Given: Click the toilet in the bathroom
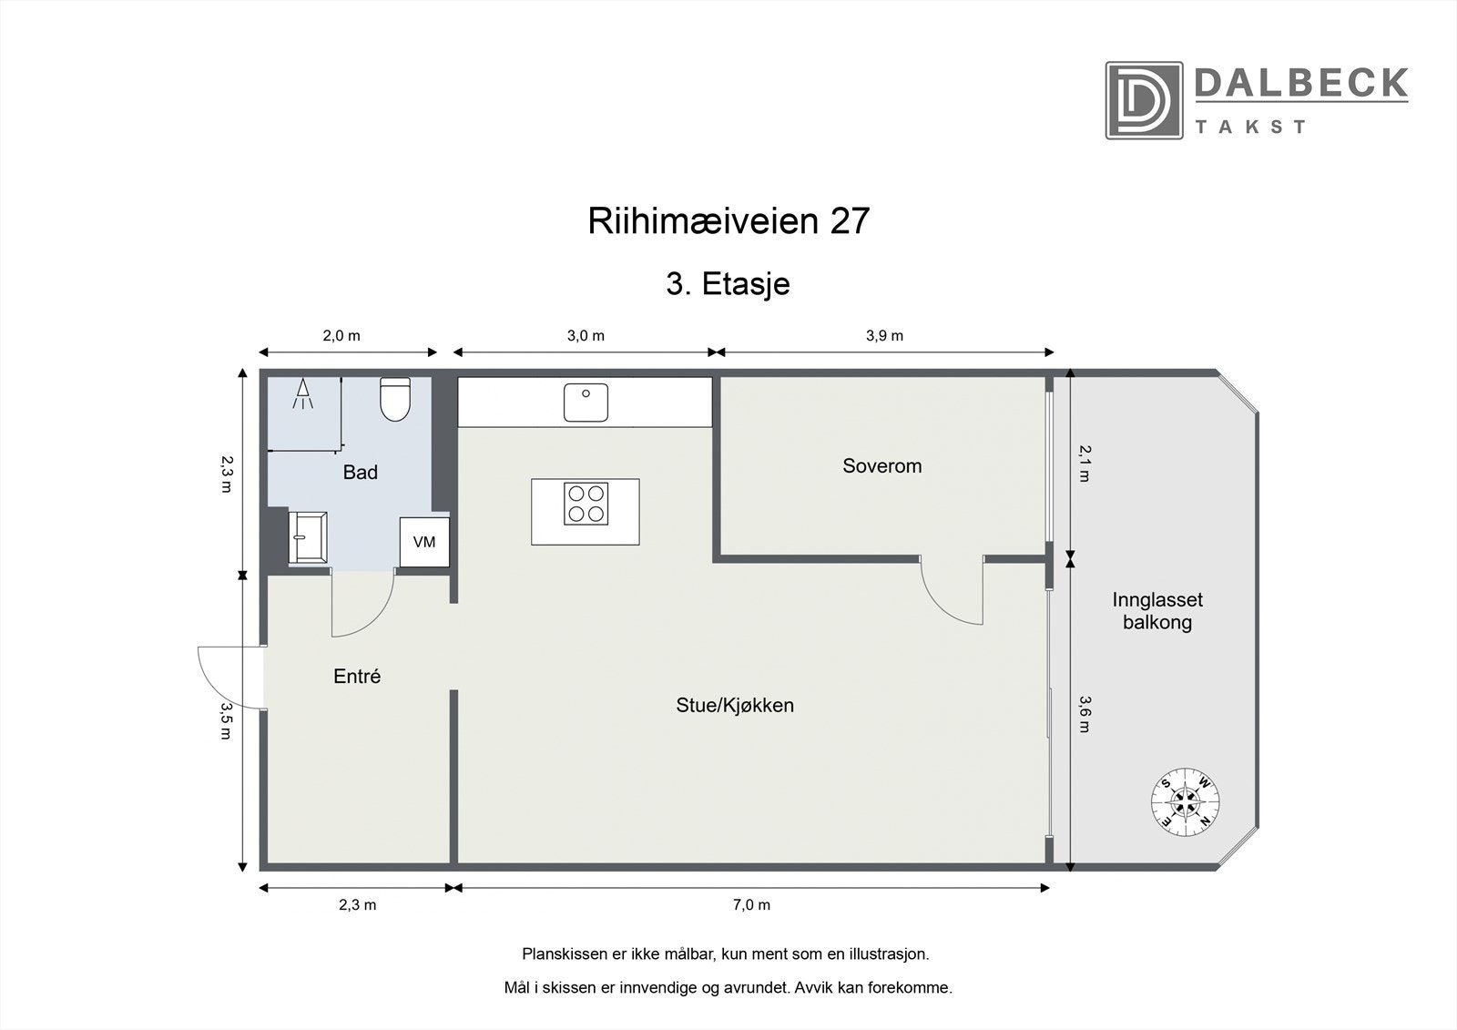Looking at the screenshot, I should pyautogui.click(x=395, y=400).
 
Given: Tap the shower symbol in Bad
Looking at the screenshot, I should pyautogui.click(x=303, y=394).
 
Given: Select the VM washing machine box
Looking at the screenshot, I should pyautogui.click(x=424, y=542).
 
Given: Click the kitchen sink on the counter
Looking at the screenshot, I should pyautogui.click(x=586, y=403).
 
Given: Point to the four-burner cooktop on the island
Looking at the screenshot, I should pyautogui.click(x=586, y=503).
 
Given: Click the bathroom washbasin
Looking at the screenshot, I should pyautogui.click(x=308, y=537).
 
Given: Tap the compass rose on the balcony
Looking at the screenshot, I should pyautogui.click(x=1185, y=801).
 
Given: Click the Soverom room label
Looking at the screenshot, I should pyautogui.click(x=881, y=466).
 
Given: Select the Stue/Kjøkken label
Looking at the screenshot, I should pyautogui.click(x=735, y=705).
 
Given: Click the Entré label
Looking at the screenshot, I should pyautogui.click(x=357, y=677).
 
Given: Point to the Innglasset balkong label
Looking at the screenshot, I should pyautogui.click(x=1157, y=611).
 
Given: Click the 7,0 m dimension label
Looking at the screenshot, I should pyautogui.click(x=751, y=904).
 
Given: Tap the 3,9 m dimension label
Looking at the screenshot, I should pyautogui.click(x=884, y=335).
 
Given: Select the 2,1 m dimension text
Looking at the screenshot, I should pyautogui.click(x=1084, y=463).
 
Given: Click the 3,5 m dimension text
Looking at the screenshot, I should pyautogui.click(x=225, y=720).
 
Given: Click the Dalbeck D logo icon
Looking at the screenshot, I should pyautogui.click(x=1144, y=100).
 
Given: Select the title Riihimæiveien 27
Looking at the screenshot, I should pyautogui.click(x=728, y=221).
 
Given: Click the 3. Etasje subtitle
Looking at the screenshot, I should pyautogui.click(x=728, y=284).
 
